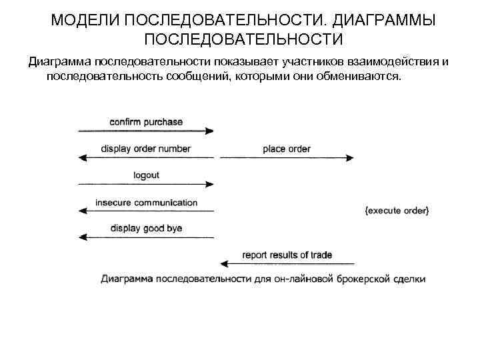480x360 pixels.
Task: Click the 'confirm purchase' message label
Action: pos(146,123)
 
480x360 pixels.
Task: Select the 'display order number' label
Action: pos(146,149)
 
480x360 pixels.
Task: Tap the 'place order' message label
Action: pos(287,149)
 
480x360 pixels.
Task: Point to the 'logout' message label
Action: pos(146,175)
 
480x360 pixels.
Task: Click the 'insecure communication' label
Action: pos(146,202)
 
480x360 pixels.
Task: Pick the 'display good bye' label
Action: pos(146,229)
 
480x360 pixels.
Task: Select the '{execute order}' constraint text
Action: pos(397,211)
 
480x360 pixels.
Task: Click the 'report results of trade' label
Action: pos(287,255)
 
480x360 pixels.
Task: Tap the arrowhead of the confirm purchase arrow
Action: pos(210,131)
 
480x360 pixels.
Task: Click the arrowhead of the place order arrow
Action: pos(349,158)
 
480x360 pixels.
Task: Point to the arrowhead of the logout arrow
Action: pos(210,184)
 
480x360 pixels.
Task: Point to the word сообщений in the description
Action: pos(197,77)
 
